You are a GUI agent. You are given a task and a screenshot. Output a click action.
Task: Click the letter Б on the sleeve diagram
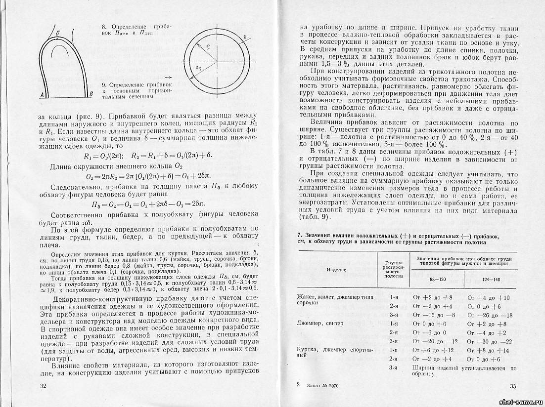(58, 33)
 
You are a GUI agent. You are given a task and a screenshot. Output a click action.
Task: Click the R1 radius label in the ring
(208, 48)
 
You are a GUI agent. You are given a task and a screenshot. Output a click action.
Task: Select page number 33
(512, 386)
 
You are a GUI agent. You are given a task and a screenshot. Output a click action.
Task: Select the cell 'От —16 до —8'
(433, 315)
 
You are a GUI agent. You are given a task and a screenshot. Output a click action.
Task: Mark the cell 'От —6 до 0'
(428, 332)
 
